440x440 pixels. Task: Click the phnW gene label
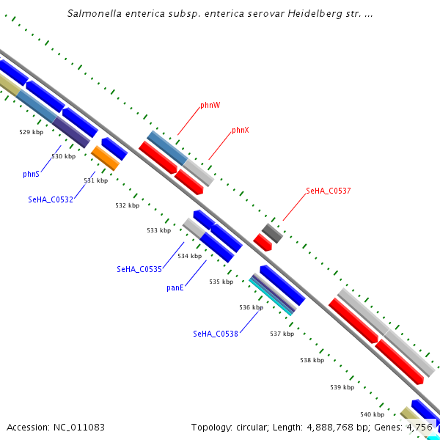click(x=210, y=106)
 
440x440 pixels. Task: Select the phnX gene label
click(x=241, y=131)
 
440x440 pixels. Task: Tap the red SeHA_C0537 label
click(x=328, y=191)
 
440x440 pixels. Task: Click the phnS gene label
click(x=31, y=175)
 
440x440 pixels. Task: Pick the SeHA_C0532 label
click(x=51, y=199)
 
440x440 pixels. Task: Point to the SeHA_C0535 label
click(x=139, y=270)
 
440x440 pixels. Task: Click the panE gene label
click(x=175, y=287)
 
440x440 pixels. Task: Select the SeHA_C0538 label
click(x=216, y=334)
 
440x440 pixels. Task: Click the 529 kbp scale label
click(x=31, y=133)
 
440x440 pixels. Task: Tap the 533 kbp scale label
click(x=158, y=230)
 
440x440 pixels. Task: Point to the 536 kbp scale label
click(x=251, y=308)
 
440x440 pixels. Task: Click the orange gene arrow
click(x=105, y=157)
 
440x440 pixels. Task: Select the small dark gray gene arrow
click(x=272, y=233)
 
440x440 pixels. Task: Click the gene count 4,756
click(x=419, y=427)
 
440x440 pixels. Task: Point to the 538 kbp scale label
click(x=312, y=360)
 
